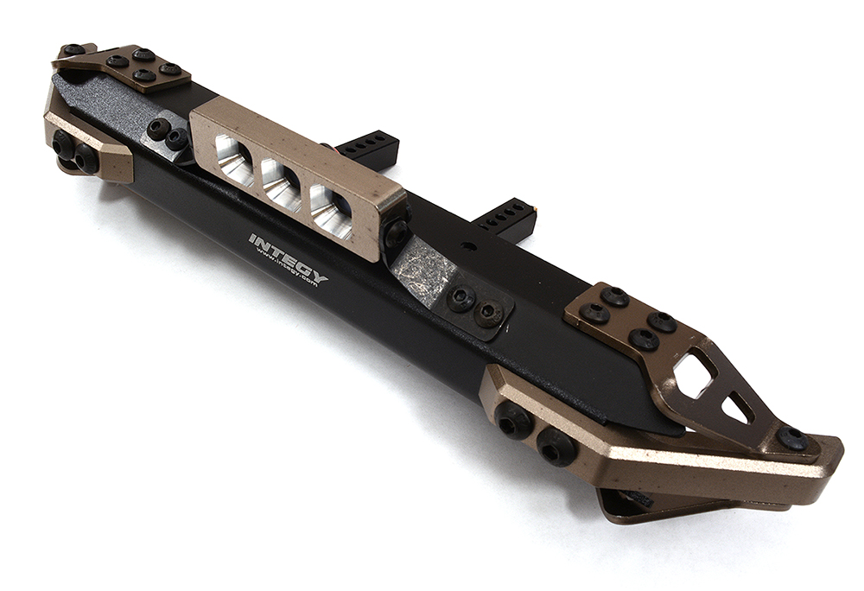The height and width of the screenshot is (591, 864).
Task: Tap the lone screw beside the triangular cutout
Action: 792,438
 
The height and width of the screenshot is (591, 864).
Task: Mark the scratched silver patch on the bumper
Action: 422,270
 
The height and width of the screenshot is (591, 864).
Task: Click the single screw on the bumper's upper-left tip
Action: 73,50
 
